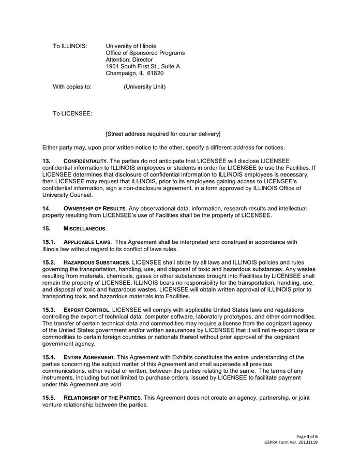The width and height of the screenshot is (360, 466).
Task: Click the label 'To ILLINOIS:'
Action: coord(70,46)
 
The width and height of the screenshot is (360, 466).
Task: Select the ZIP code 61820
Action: coord(155,74)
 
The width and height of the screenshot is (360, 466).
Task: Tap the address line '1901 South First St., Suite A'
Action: coord(143,67)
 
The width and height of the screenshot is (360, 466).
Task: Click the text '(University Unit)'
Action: coord(144,87)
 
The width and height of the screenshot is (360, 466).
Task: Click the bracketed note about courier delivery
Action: coord(163,134)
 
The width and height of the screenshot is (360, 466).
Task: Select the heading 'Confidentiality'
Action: coord(85,162)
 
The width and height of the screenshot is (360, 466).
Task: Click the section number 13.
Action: coord(47,162)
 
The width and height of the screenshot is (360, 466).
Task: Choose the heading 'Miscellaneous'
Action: coord(84,228)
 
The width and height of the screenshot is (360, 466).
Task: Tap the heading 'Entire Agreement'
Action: coord(88,357)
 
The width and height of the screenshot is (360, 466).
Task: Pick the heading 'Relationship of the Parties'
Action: coord(102,398)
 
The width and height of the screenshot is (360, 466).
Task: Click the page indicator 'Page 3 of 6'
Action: coord(307,436)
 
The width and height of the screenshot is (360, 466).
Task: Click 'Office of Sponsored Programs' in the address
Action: coord(145,53)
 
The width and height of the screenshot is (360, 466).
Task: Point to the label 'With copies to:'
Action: coord(72,87)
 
